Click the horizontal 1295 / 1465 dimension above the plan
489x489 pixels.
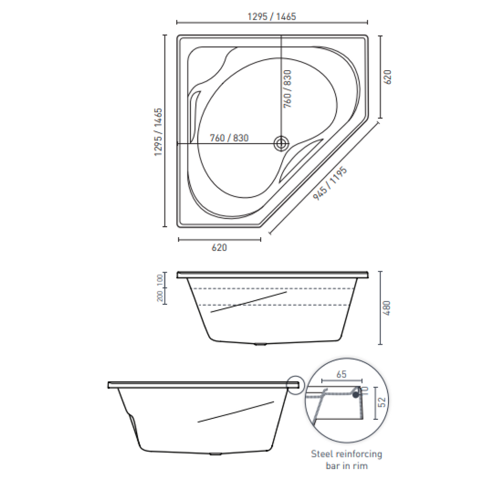272,16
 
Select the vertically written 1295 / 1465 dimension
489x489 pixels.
158,132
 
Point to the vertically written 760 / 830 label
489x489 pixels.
287,89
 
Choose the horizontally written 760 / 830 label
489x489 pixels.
229,138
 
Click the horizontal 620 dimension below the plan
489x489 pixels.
219,247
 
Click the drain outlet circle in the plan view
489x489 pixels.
281,143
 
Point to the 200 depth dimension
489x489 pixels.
160,297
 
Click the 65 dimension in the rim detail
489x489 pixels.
340,374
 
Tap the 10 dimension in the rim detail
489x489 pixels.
365,390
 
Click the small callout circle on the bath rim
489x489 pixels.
296,385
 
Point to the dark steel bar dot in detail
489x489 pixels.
356,394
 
